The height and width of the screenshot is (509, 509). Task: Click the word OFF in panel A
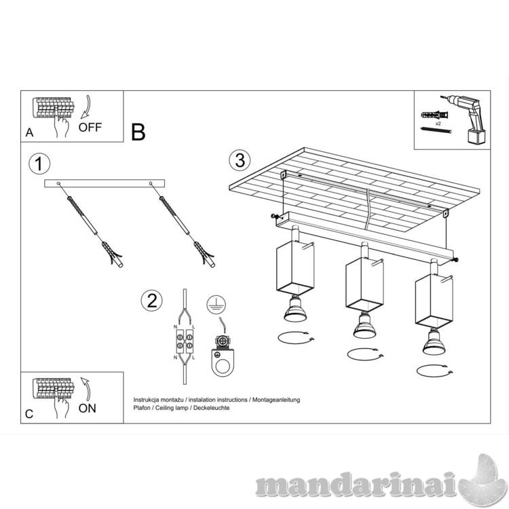pyautogui.click(x=90, y=127)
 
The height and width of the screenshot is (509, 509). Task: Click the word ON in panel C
pyautogui.click(x=88, y=408)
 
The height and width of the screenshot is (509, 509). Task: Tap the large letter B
pyautogui.click(x=138, y=132)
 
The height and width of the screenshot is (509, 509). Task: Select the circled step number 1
pyautogui.click(x=39, y=164)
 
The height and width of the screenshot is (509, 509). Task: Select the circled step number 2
pyautogui.click(x=151, y=300)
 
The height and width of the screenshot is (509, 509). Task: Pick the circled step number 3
pyautogui.click(x=240, y=160)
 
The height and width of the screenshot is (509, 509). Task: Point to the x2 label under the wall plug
pyautogui.click(x=438, y=124)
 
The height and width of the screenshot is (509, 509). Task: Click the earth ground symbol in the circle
pyautogui.click(x=216, y=305)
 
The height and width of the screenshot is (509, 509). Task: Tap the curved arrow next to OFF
pyautogui.click(x=86, y=107)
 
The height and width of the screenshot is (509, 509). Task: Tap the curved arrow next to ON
pyautogui.click(x=86, y=389)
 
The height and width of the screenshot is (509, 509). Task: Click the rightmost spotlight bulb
pyautogui.click(x=434, y=341)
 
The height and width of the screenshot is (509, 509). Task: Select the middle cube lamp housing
pyautogui.click(x=364, y=284)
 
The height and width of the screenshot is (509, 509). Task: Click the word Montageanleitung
pyautogui.click(x=276, y=400)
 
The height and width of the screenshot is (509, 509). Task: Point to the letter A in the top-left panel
pyautogui.click(x=30, y=132)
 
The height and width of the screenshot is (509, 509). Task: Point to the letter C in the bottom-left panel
pyautogui.click(x=29, y=414)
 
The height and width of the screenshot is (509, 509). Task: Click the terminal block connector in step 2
pyautogui.click(x=185, y=341)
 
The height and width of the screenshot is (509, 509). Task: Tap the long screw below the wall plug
pyautogui.click(x=436, y=130)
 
